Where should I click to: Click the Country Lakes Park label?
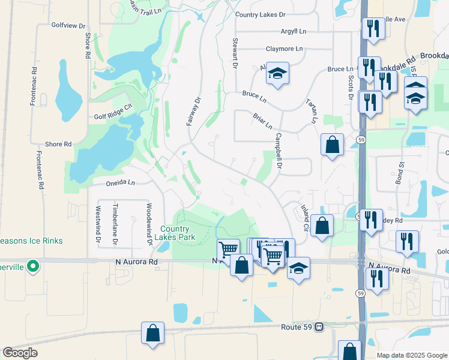tap(175, 233)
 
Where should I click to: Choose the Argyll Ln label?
tap(293, 31)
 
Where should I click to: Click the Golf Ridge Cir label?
tap(112, 118)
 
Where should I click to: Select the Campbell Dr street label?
tap(279, 149)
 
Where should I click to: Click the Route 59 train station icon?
tap(319, 327)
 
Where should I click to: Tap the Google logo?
tap(20, 353)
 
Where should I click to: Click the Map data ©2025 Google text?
tap(411, 355)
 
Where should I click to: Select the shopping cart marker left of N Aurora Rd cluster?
tap(228, 249)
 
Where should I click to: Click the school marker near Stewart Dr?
tap(277, 73)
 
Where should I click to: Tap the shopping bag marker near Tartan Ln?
tap(332, 145)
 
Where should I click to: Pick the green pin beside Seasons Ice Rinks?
tap(34, 265)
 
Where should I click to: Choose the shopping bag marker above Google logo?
tap(152, 333)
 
